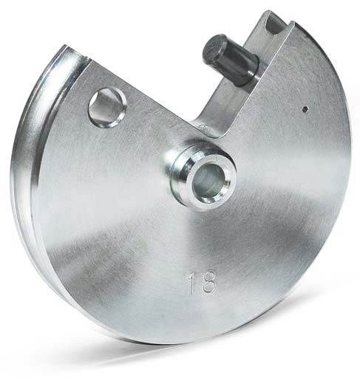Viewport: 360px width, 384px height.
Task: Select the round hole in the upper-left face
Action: [106, 106]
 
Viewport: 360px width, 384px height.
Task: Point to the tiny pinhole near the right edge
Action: [305, 109]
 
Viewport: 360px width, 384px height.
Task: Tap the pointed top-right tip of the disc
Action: [291, 24]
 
